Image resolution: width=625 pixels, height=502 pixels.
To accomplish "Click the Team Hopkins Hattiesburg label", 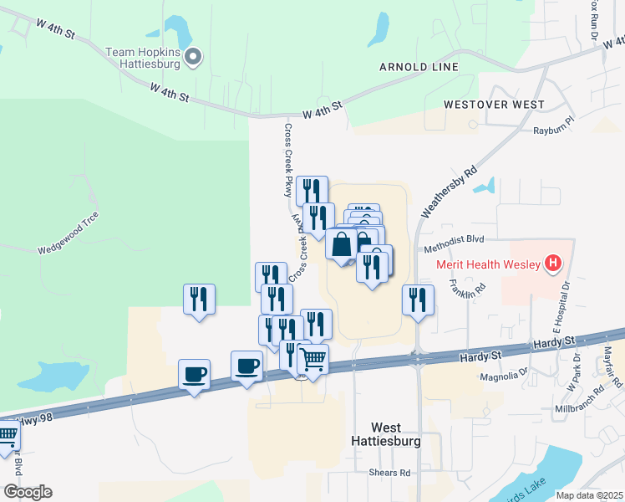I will click(x=143, y=58).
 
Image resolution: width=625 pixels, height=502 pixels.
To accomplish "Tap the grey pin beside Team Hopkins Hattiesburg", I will click(x=194, y=57).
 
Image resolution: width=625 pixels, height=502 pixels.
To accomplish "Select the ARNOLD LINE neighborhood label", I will click(x=419, y=67).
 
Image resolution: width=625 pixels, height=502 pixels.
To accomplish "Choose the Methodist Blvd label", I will click(x=454, y=249).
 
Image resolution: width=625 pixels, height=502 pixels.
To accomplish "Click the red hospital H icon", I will click(x=552, y=264).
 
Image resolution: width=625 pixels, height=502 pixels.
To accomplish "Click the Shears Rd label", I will click(x=389, y=473).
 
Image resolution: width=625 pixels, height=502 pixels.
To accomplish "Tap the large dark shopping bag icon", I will click(x=342, y=245).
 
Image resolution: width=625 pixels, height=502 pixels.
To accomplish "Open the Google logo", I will click(x=28, y=492).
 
